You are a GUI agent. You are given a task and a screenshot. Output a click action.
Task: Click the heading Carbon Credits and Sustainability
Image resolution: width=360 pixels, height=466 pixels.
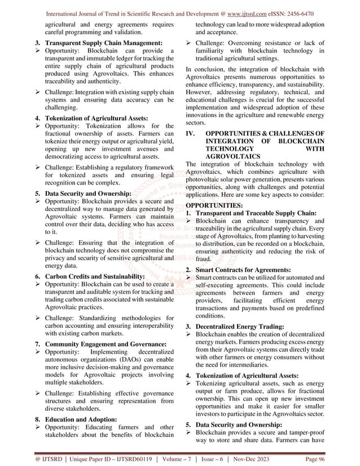point(95,276)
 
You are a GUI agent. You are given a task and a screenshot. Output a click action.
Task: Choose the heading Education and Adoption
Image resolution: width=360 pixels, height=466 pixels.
point(84,419)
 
